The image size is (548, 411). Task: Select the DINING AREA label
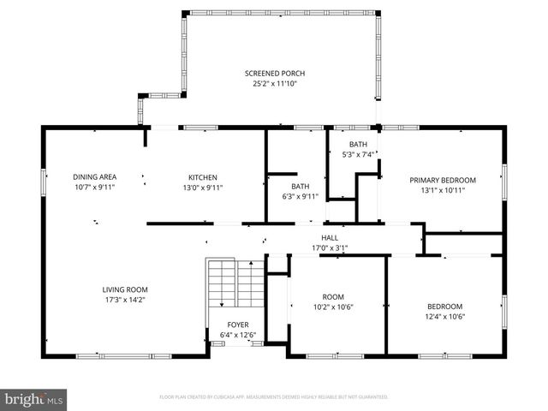[x=94, y=176]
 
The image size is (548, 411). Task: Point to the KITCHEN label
[x=203, y=176]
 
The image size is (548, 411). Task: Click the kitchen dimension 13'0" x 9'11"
[x=203, y=187]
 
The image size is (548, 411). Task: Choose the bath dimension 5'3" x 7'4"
[x=358, y=155]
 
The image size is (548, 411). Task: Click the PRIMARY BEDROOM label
[x=442, y=180]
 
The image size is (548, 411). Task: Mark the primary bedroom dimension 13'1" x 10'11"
[x=442, y=190]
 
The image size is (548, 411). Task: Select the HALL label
[x=330, y=238]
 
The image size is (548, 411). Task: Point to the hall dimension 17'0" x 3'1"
[x=330, y=248]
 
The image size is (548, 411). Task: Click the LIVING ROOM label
[x=125, y=289]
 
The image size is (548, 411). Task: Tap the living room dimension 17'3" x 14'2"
[x=125, y=300]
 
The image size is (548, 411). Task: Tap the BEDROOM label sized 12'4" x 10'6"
[x=445, y=307]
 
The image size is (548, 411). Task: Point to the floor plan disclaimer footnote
[x=274, y=397]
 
